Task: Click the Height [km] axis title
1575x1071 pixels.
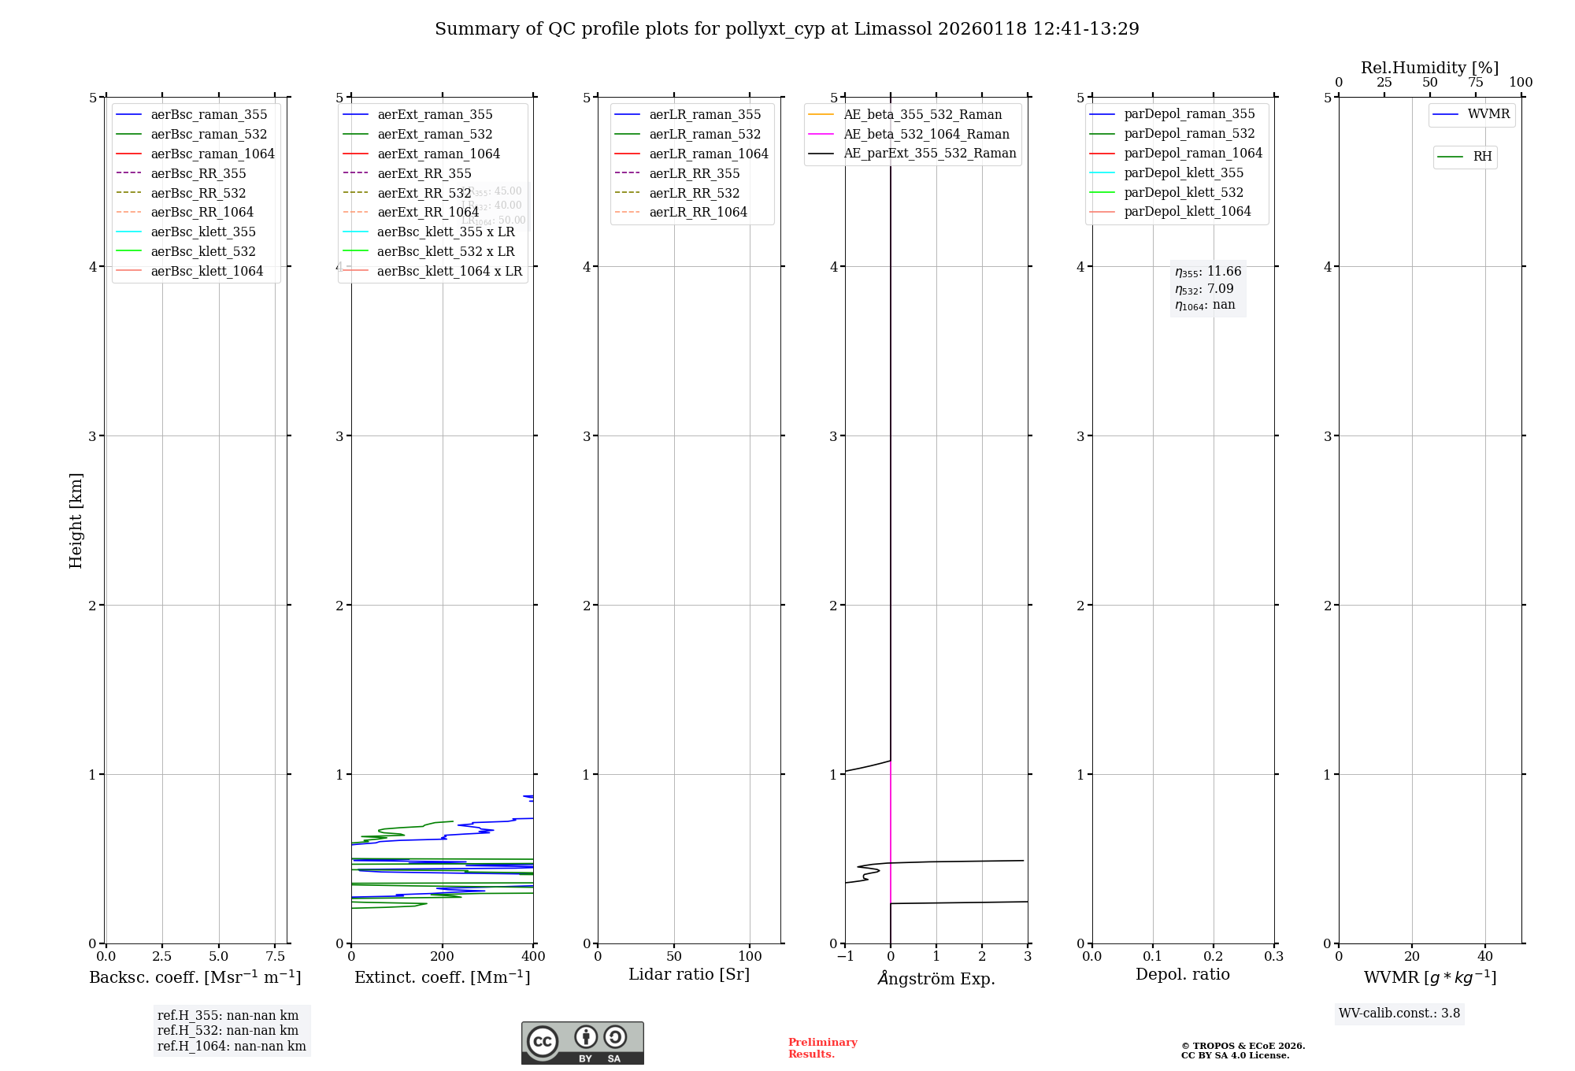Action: (76, 520)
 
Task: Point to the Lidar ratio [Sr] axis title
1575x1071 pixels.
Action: (689, 974)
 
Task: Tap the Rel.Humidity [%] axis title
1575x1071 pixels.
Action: (1429, 68)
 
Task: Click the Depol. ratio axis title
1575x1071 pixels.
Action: (1182, 974)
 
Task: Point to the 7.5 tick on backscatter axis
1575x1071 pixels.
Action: (275, 956)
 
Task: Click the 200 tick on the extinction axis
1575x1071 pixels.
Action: (443, 956)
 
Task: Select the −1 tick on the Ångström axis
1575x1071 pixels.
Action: (845, 956)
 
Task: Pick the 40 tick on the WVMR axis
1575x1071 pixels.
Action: (1485, 956)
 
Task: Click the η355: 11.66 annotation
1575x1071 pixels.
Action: (1208, 272)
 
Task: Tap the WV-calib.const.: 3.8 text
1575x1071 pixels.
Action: (1399, 1013)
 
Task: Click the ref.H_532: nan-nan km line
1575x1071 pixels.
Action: (228, 1030)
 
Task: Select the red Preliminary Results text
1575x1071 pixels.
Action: (822, 1047)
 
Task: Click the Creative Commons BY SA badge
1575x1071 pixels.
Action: (582, 1043)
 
